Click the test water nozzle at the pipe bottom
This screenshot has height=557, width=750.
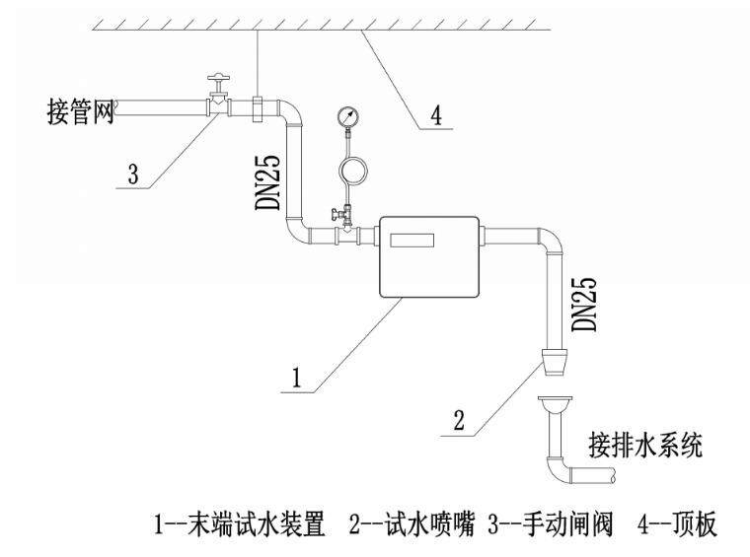[552, 362]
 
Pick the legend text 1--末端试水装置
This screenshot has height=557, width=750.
[238, 525]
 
